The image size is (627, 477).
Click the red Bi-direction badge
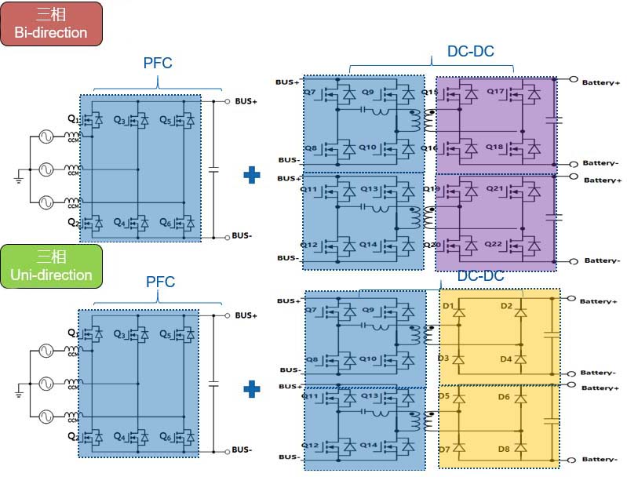tap(51, 23)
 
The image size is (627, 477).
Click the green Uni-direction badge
tap(51, 265)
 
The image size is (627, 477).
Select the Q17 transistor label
tap(495, 92)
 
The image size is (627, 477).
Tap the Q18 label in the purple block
tap(495, 147)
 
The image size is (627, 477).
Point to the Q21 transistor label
tap(495, 189)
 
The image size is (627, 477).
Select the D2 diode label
tap(506, 305)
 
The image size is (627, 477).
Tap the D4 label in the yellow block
tap(506, 359)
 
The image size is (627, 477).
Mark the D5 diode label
tap(444, 396)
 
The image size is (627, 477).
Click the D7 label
tap(444, 450)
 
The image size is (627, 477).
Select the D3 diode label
tap(444, 359)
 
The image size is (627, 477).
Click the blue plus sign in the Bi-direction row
tap(252, 174)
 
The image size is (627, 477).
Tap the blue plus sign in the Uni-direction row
tap(252, 388)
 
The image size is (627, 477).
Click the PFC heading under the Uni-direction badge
tap(160, 282)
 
